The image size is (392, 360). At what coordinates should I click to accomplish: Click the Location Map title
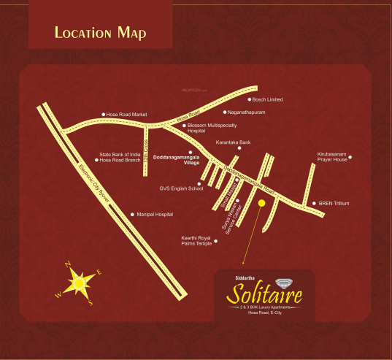point(100,33)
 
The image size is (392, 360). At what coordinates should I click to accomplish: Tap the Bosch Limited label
point(267,99)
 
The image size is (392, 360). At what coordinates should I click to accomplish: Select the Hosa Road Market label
point(126,115)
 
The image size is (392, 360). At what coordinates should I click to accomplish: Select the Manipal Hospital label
point(155,215)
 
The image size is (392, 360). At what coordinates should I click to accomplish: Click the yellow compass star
point(78,281)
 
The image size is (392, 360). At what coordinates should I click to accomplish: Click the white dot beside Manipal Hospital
point(132,215)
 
